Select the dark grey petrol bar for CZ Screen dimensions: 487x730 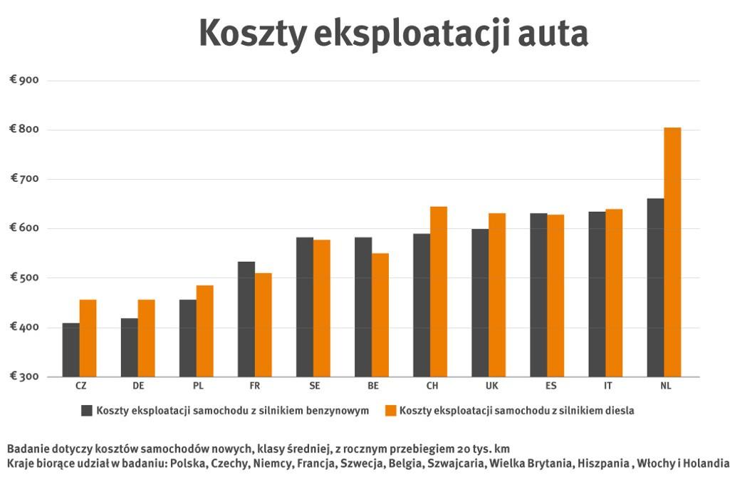(71, 349)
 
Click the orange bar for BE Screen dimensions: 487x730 (380, 314)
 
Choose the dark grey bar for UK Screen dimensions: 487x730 (479, 302)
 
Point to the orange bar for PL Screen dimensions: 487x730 (205, 331)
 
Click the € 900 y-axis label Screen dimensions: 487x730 (24, 80)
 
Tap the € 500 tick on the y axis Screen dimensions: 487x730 (24, 277)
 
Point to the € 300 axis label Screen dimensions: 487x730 (24, 376)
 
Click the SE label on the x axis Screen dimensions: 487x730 (314, 386)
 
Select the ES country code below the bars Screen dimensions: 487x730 (551, 386)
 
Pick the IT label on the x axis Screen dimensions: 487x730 (608, 386)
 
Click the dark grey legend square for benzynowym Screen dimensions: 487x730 (88, 410)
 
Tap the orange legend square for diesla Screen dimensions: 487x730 (390, 410)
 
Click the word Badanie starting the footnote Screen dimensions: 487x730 (28, 448)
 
